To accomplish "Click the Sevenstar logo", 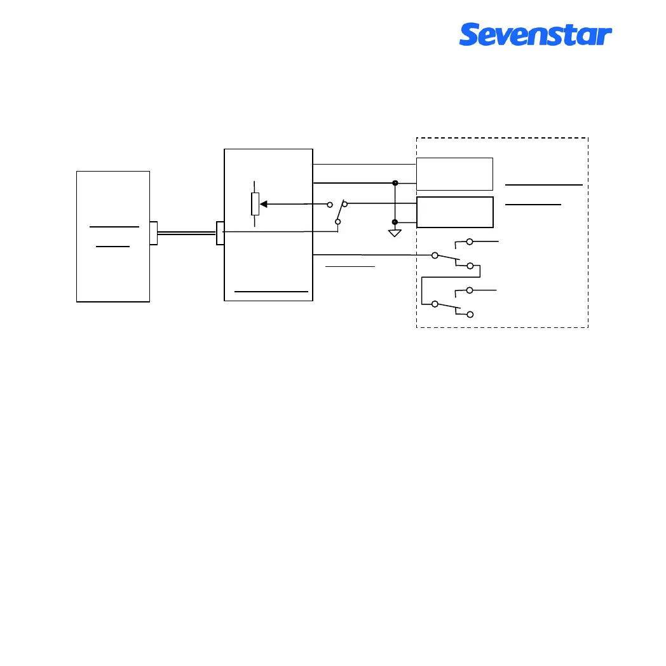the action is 535,34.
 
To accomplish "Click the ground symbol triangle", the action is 395,233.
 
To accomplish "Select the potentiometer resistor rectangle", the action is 255,205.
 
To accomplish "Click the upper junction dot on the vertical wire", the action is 395,183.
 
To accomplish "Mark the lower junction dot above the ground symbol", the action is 395,222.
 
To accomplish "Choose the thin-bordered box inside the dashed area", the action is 454,173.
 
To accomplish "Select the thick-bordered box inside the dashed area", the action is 454,212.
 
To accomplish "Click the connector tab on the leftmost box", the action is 153,233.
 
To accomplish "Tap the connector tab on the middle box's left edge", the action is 221,233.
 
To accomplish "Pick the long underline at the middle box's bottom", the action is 271,291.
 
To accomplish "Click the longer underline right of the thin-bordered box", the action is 544,184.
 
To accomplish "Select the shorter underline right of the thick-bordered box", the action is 533,205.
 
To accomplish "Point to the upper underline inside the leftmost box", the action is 114,226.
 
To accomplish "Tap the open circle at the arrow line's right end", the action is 330,205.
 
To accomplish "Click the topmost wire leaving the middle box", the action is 364,164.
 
